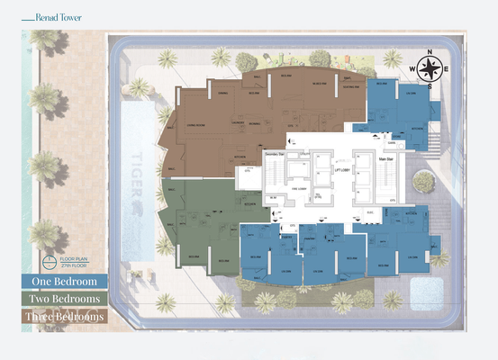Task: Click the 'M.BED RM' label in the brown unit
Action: (x=318, y=84)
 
